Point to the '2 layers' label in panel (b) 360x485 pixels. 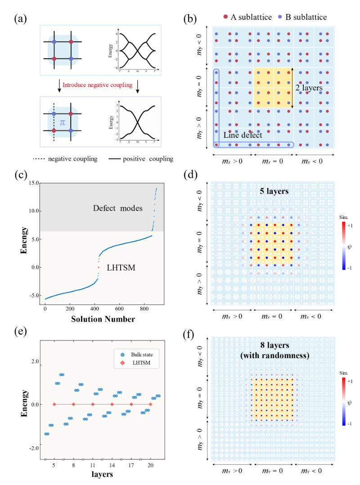pos(311,89)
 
